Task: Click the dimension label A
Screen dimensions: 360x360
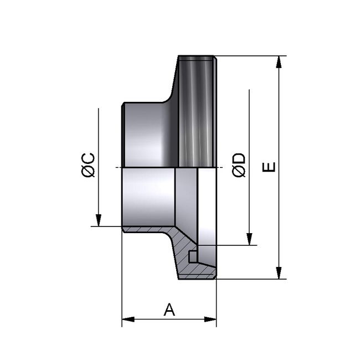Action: click(169, 310)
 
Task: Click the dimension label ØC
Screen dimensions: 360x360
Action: click(89, 165)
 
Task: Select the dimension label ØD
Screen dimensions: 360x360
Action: click(239, 165)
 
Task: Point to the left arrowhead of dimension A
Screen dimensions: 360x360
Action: click(126, 319)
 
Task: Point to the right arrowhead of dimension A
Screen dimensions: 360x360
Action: click(212, 319)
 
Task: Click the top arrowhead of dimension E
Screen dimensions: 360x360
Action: click(280, 60)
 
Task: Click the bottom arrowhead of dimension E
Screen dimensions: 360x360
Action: click(280, 274)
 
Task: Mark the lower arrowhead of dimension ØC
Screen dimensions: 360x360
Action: click(98, 221)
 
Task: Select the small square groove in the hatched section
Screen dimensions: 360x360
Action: click(192, 257)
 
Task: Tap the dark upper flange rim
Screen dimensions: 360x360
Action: click(197, 111)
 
